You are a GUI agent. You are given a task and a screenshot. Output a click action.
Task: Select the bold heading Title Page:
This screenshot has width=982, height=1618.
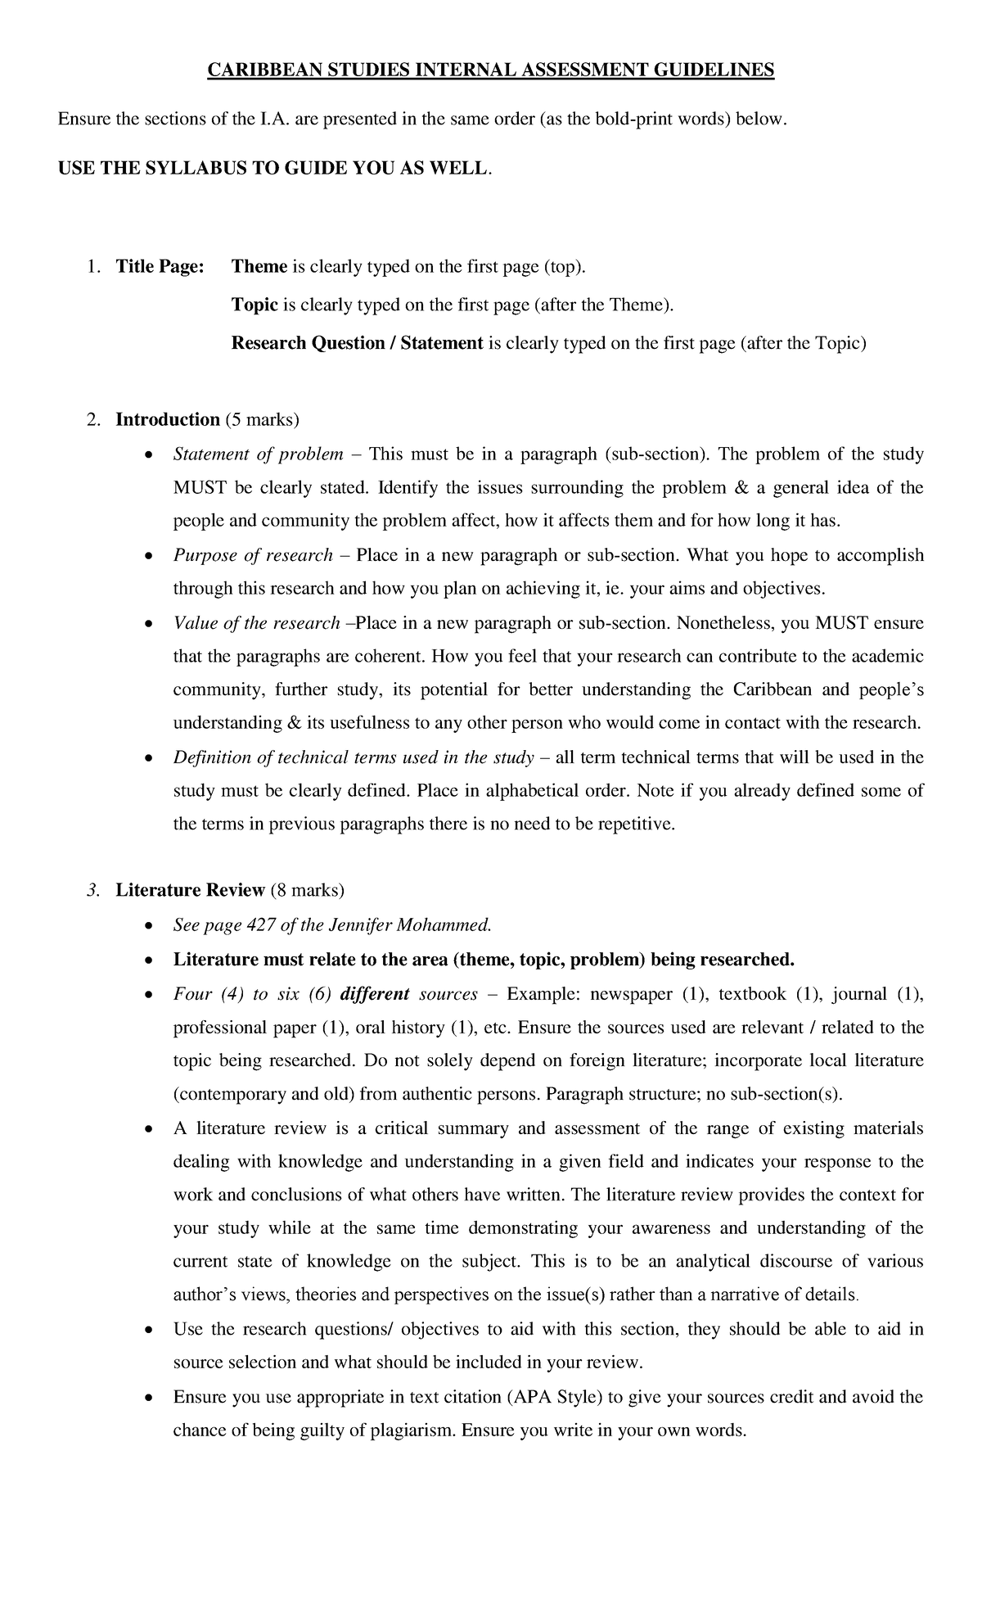tap(160, 267)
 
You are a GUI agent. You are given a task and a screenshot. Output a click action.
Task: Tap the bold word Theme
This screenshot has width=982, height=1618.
tap(259, 267)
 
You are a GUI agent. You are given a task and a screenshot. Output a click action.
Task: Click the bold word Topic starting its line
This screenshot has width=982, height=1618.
tap(255, 305)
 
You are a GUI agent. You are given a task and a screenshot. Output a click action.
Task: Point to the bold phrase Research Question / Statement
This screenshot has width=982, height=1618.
tap(357, 344)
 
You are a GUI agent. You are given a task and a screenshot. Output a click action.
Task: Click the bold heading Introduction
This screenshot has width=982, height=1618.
tap(168, 420)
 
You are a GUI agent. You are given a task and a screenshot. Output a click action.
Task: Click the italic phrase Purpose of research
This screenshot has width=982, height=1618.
tap(253, 555)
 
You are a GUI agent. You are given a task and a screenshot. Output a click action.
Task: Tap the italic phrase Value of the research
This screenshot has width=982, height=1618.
tap(256, 623)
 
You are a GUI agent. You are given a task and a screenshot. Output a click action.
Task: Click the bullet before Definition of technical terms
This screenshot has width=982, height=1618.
tap(147, 758)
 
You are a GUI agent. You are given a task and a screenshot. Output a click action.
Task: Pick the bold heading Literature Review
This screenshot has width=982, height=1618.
tap(191, 890)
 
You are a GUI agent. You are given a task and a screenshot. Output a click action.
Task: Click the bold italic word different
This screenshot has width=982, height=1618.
tap(374, 995)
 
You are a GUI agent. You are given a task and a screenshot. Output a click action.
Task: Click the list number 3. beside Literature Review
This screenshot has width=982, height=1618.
tap(92, 890)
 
